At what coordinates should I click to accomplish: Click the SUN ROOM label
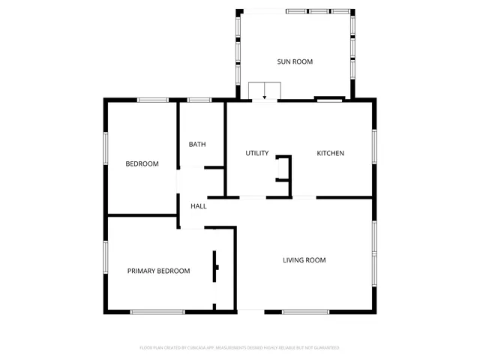(x=295, y=61)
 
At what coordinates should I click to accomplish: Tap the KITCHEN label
(x=330, y=153)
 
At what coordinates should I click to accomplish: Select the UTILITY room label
(x=257, y=153)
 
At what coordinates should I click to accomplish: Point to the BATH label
(x=197, y=144)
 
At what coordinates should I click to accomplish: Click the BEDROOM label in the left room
(x=142, y=163)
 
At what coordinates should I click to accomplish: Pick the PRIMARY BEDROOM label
(x=158, y=271)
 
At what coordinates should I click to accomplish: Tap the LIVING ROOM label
(x=304, y=260)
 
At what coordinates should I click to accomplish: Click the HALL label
(x=199, y=206)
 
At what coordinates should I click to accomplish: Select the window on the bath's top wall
(x=199, y=100)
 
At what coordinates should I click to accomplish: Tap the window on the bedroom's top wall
(x=152, y=100)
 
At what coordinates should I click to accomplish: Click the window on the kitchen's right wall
(x=374, y=142)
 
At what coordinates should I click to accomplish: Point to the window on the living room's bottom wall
(x=306, y=311)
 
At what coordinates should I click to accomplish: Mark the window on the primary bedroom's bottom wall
(x=157, y=311)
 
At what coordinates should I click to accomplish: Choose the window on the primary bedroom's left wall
(x=106, y=259)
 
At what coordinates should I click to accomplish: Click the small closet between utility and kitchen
(x=283, y=168)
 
